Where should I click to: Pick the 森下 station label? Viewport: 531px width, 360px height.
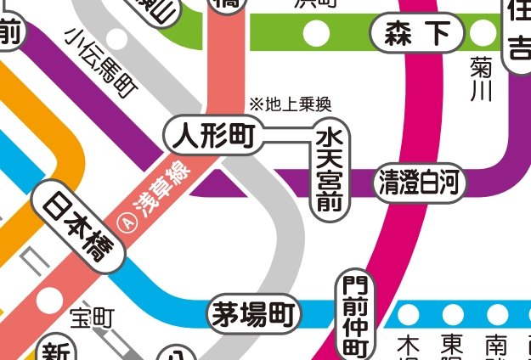(x=416, y=34)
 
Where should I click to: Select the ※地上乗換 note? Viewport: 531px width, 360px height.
(x=289, y=104)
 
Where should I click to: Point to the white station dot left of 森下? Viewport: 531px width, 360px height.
(x=317, y=34)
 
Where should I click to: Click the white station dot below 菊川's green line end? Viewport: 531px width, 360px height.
(x=483, y=34)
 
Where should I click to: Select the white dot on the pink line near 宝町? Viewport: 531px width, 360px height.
(x=48, y=297)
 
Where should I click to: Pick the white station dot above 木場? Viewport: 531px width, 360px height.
(x=410, y=314)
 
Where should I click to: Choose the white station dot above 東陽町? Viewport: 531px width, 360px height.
(x=450, y=314)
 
